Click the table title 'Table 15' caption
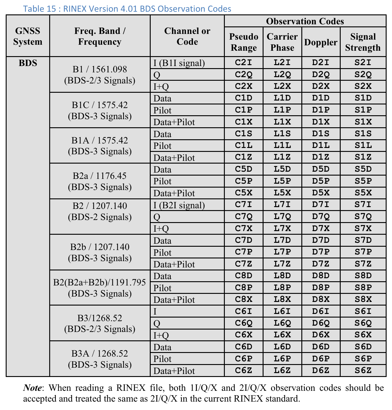click(127, 8)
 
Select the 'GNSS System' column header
click(28, 36)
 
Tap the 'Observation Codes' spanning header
click(305, 21)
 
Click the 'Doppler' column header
click(321, 42)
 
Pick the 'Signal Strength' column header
click(363, 42)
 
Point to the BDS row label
click(28, 63)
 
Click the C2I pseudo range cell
click(243, 63)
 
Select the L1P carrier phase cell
click(282, 110)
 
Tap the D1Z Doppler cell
click(321, 157)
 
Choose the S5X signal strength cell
click(363, 193)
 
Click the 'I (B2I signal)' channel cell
click(179, 205)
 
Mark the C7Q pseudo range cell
click(243, 216)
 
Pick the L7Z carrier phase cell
click(282, 264)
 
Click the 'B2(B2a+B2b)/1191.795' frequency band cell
click(100, 288)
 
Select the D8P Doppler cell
click(321, 288)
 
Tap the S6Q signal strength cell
click(363, 323)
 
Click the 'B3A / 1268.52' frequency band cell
click(100, 359)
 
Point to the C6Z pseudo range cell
click(243, 370)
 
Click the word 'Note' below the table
click(32, 388)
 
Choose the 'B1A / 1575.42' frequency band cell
click(100, 146)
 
